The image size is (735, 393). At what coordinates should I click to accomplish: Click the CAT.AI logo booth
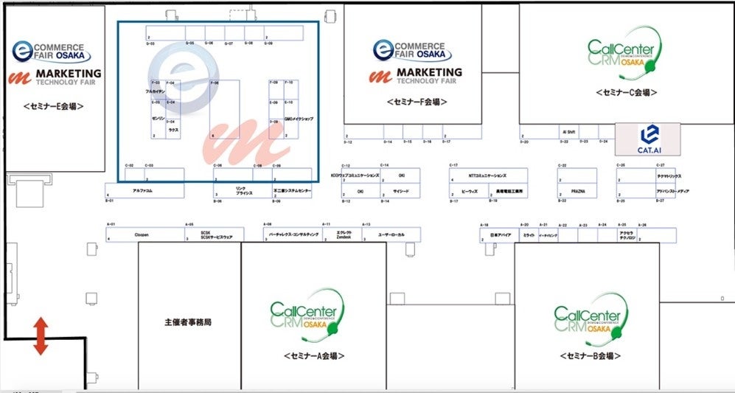click(638, 139)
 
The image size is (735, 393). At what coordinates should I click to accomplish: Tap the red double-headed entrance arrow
click(41, 335)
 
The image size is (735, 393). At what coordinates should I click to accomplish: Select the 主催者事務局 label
click(188, 322)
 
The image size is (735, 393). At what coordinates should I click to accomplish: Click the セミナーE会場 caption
click(53, 106)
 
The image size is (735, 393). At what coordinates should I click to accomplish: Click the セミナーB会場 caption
click(586, 356)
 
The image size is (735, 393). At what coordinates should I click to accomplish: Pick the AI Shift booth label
click(566, 133)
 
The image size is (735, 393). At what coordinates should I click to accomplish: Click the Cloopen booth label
click(142, 235)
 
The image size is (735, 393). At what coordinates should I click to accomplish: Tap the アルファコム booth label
click(142, 191)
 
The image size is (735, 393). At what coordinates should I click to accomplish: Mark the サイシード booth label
click(401, 191)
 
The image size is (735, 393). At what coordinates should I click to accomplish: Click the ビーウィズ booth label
click(468, 191)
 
